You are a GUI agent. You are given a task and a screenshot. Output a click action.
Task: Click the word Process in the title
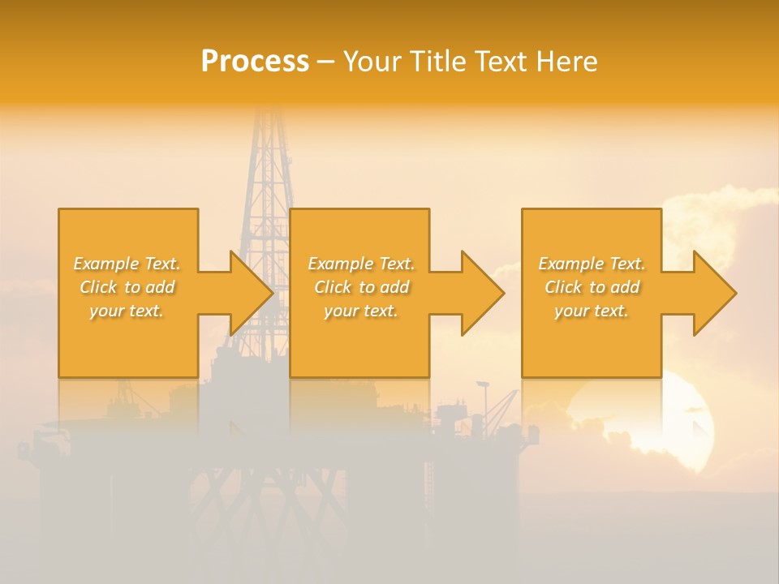click(x=255, y=62)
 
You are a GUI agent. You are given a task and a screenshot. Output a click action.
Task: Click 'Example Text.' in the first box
click(x=127, y=264)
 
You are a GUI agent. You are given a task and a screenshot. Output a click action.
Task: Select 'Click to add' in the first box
click(x=127, y=287)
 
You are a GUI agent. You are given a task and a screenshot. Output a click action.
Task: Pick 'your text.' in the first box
click(x=127, y=311)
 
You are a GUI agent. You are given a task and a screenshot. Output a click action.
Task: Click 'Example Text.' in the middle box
click(x=361, y=264)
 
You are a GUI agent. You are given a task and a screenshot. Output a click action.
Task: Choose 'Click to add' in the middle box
click(x=361, y=287)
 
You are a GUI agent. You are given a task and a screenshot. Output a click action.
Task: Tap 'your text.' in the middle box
click(x=361, y=311)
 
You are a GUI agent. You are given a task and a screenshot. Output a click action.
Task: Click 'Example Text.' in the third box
click(x=592, y=264)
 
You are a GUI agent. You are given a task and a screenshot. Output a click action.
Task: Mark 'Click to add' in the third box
click(x=592, y=287)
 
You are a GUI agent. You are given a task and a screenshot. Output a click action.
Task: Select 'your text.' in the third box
click(x=592, y=311)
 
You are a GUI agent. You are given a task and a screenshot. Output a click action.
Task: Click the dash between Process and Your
click(x=325, y=62)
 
